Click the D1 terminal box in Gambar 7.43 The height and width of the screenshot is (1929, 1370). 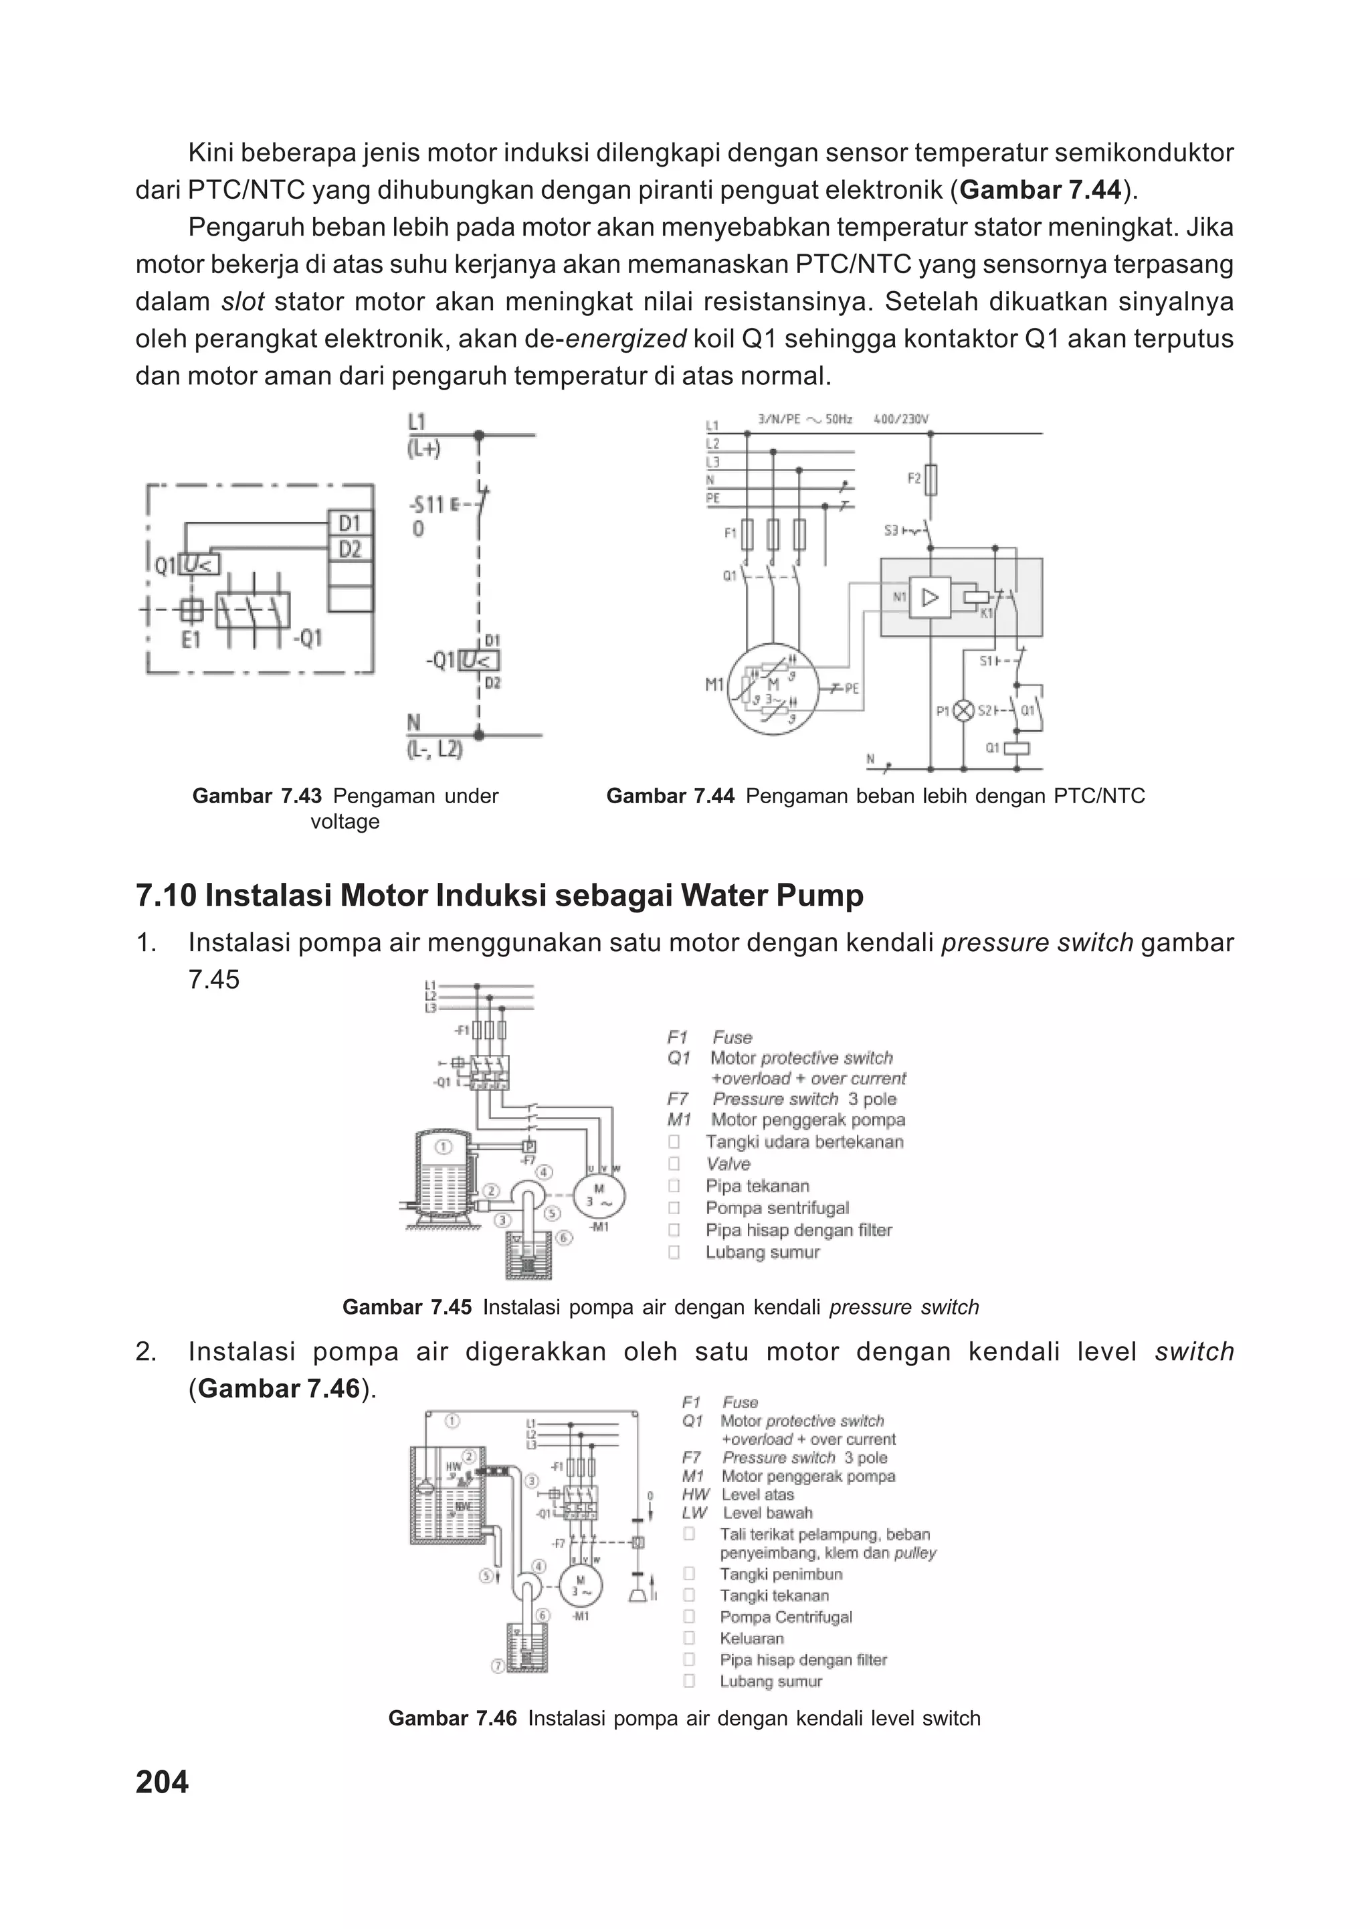349,523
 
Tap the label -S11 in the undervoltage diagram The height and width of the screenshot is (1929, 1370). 427,505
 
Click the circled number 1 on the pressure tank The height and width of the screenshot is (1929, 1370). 443,1147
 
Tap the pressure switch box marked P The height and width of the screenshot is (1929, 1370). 529,1147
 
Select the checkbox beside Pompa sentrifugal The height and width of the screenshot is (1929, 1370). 674,1208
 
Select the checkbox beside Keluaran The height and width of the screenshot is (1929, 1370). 689,1638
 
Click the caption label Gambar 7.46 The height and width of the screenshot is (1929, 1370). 452,1719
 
